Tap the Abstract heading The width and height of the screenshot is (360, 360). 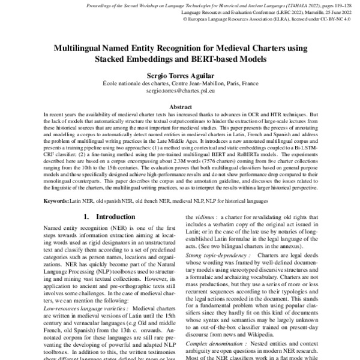(179, 107)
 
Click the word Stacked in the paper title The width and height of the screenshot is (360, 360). (112, 60)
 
